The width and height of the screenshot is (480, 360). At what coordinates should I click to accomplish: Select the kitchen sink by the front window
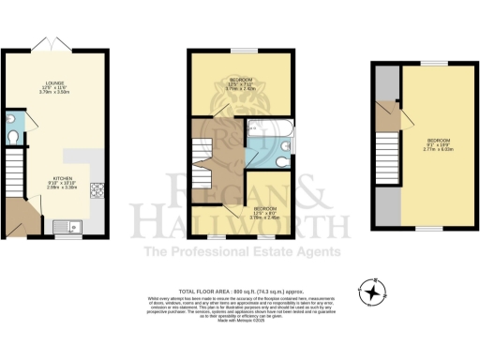[65, 225]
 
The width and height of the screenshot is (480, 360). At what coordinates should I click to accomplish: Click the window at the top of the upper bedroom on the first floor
[241, 50]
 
